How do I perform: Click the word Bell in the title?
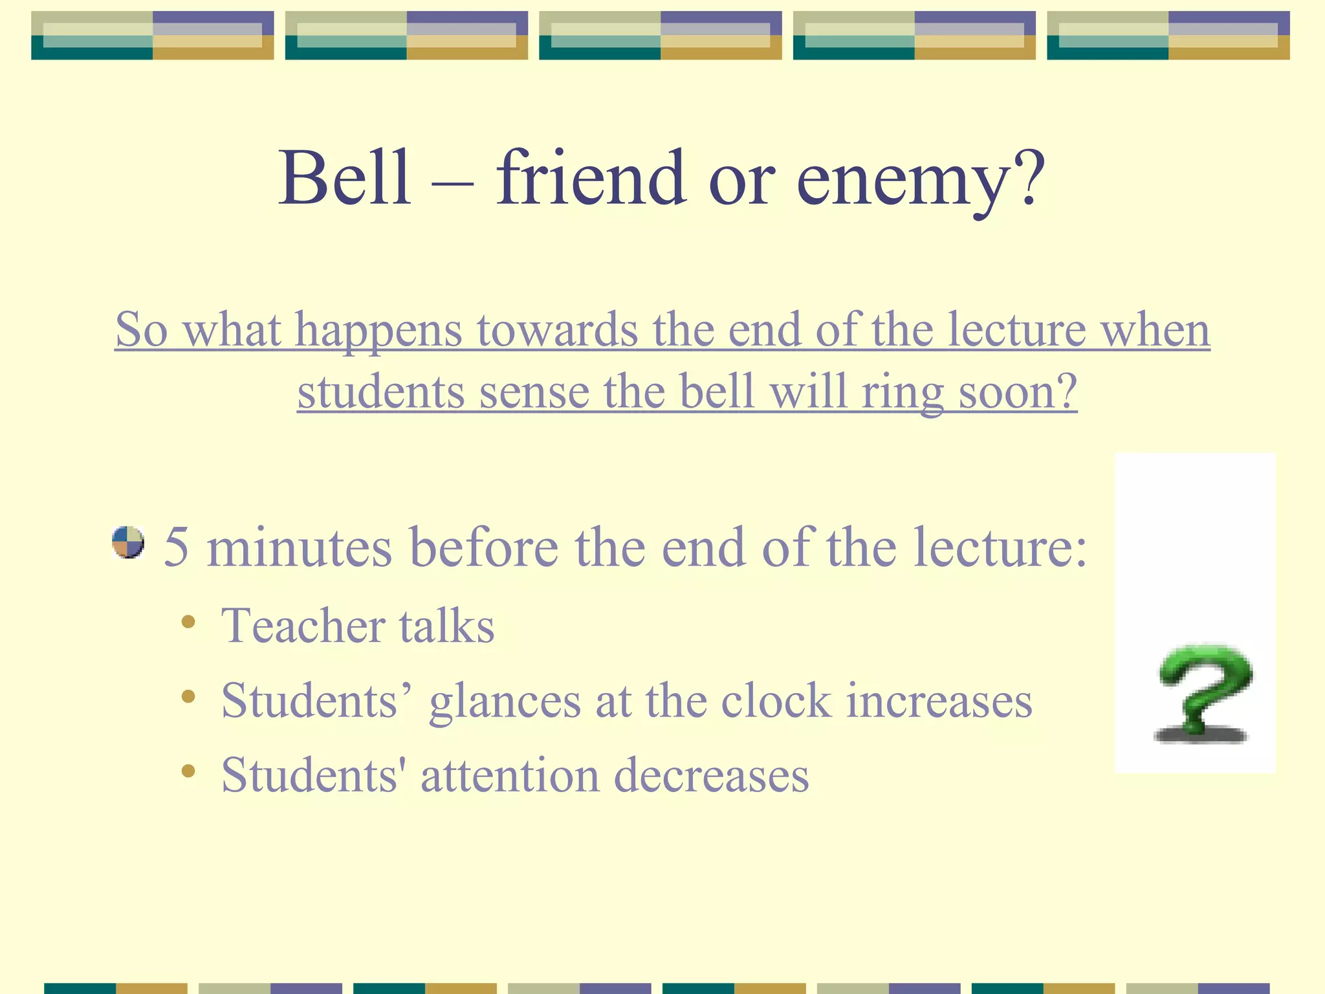(345, 178)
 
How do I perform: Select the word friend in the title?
(590, 178)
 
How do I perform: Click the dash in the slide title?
(452, 183)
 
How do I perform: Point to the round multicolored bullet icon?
(128, 542)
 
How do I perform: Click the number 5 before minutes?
(177, 547)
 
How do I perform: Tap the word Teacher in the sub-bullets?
(303, 626)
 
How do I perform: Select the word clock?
(776, 701)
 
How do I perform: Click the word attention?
(510, 776)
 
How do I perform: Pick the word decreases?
(711, 776)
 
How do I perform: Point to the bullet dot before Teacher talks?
(188, 623)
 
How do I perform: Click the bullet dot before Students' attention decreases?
(188, 771)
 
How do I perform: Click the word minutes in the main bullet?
(300, 547)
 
